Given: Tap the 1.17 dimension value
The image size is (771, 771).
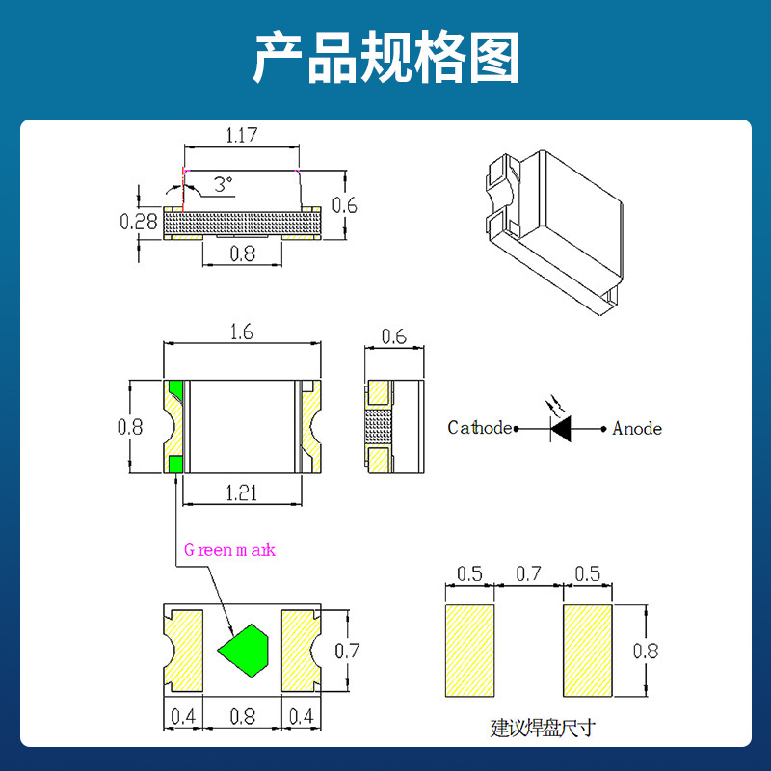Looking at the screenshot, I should (241, 136).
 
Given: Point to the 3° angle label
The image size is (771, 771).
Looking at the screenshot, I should (223, 183).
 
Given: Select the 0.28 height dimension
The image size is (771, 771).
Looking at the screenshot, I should (139, 222).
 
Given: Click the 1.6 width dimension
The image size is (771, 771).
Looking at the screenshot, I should (242, 332).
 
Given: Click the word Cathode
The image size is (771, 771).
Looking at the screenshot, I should (479, 428).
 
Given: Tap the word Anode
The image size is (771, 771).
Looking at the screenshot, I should (637, 428).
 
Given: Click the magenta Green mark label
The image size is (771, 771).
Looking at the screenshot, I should (229, 550).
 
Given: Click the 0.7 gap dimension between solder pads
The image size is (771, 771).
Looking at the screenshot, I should (528, 574).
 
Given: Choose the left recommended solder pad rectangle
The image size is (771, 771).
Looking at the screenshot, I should (469, 651).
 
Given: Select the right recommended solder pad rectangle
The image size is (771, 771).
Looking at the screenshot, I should (587, 651).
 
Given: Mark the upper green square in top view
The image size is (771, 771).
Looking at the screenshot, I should (175, 390).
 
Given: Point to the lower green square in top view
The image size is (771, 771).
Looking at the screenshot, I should (175, 464).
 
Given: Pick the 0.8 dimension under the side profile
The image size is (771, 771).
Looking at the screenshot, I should (243, 254).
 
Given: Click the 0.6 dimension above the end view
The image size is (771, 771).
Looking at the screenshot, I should (393, 336).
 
